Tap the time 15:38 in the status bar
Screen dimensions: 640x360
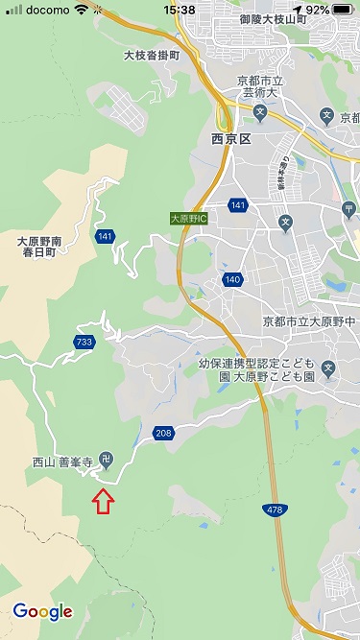coord(180,10)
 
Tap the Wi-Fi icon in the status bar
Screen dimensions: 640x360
coord(81,10)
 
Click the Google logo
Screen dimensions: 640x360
coord(42,611)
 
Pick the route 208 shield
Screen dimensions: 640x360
coord(162,434)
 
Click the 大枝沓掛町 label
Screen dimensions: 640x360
coord(152,56)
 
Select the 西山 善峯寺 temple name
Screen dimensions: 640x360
coord(63,462)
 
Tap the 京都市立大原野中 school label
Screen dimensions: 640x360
coord(309,320)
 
